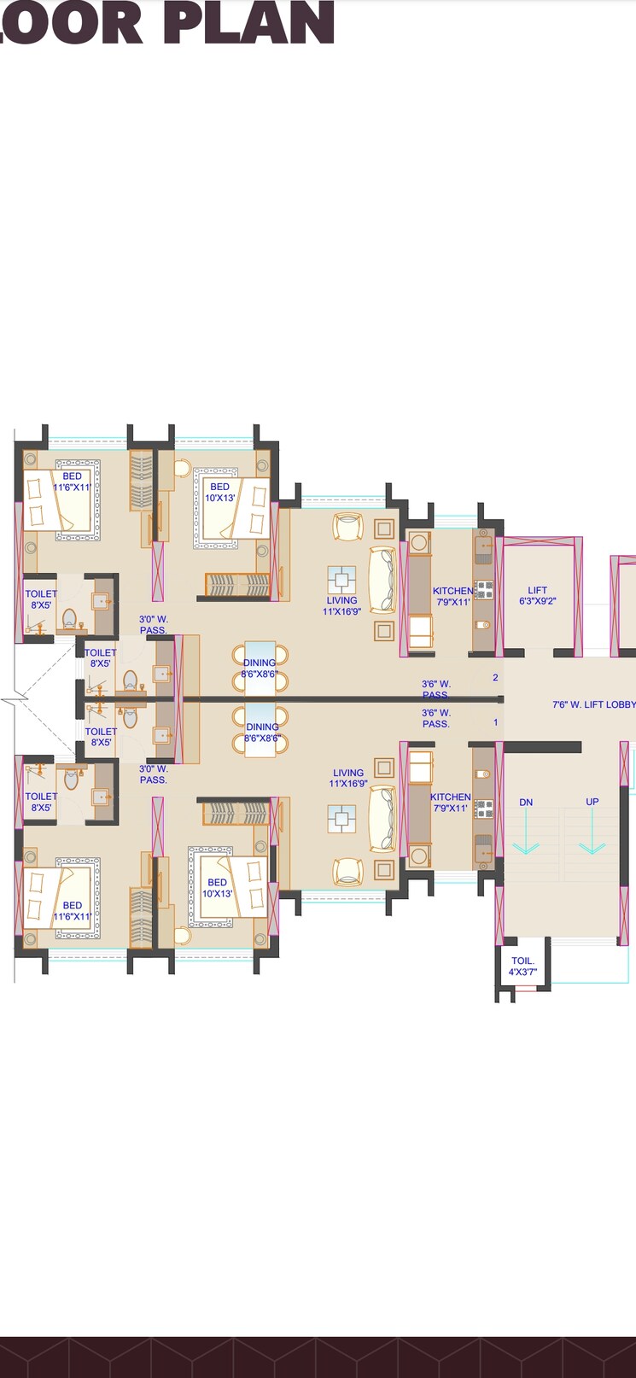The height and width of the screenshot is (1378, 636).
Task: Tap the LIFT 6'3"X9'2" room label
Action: coord(537,595)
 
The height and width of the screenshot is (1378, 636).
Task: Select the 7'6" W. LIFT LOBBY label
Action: coord(593,704)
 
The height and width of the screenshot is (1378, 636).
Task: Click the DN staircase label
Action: coord(526,802)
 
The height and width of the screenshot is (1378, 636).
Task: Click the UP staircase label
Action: coord(592,802)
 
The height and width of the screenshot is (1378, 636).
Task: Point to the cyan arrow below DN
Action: coord(525,845)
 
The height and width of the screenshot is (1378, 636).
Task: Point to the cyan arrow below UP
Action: coord(592,845)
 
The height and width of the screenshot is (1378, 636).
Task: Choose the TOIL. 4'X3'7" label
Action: coord(522,966)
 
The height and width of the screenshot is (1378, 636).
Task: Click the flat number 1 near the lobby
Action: coord(495,722)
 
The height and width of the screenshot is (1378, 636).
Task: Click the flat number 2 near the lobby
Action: coord(495,678)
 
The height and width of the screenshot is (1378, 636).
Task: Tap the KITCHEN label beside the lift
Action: coord(452,596)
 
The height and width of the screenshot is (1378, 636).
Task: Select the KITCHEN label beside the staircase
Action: coord(450,802)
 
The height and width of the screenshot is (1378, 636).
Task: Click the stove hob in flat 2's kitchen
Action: coord(484,589)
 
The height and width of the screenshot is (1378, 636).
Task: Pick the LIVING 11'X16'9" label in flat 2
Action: coord(341,605)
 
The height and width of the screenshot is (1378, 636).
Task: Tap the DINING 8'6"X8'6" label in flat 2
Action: coord(260,668)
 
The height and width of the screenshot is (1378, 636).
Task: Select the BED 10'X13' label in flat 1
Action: coord(217,888)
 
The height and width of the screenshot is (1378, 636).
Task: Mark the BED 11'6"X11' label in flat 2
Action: coord(73,482)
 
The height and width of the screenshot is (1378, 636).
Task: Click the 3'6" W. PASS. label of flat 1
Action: coord(436,718)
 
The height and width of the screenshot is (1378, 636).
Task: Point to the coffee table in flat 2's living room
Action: coord(341,580)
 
